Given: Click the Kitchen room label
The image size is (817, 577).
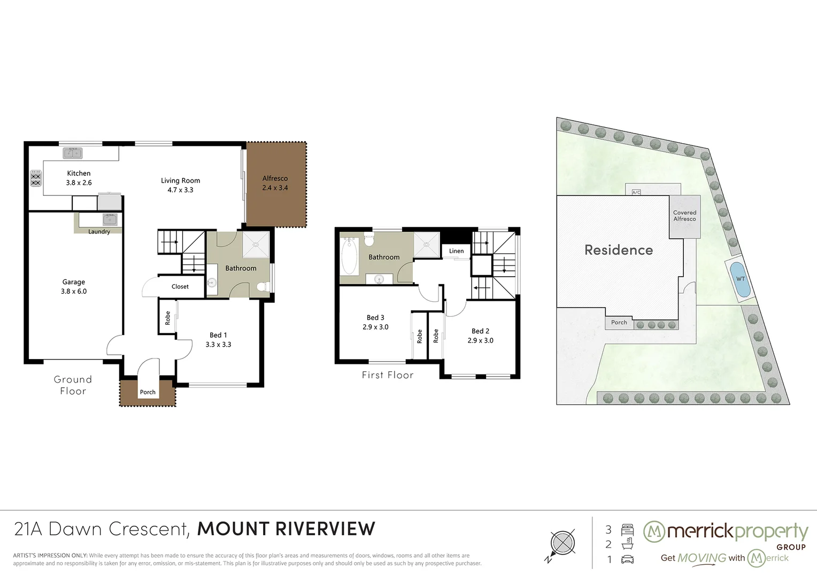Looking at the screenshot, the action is pos(79,173).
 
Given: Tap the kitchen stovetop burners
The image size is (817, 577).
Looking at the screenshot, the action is pos(35,178).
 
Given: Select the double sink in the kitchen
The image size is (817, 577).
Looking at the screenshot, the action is pos(73,153).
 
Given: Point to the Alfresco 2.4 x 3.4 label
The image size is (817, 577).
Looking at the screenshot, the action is pos(275,183).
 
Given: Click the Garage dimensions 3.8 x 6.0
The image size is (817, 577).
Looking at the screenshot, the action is pos(74,291).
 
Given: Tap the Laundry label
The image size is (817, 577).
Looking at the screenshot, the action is pos(99,231).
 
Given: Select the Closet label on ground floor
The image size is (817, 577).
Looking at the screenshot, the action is pos(180,286).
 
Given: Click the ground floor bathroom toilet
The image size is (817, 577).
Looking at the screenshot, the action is pos(264,287).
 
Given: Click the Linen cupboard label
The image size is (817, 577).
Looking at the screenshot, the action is pos(456,251).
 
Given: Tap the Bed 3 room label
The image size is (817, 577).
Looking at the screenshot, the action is pos(375,317).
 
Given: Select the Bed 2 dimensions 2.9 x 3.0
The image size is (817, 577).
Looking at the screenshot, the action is pos(480,340).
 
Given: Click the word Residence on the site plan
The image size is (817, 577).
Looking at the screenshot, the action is pos(619,249).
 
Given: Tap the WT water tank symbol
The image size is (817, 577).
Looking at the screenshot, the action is pos(741,279).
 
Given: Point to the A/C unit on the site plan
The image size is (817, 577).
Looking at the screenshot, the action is pos(636,192).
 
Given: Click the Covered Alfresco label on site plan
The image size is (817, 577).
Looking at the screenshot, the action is pos(684,215).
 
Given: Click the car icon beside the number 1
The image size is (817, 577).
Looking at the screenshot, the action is pos(627,559).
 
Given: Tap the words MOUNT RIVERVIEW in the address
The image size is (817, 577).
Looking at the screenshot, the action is pos(286,529).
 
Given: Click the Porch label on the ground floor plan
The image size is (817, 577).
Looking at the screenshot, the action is pos(148,392).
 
